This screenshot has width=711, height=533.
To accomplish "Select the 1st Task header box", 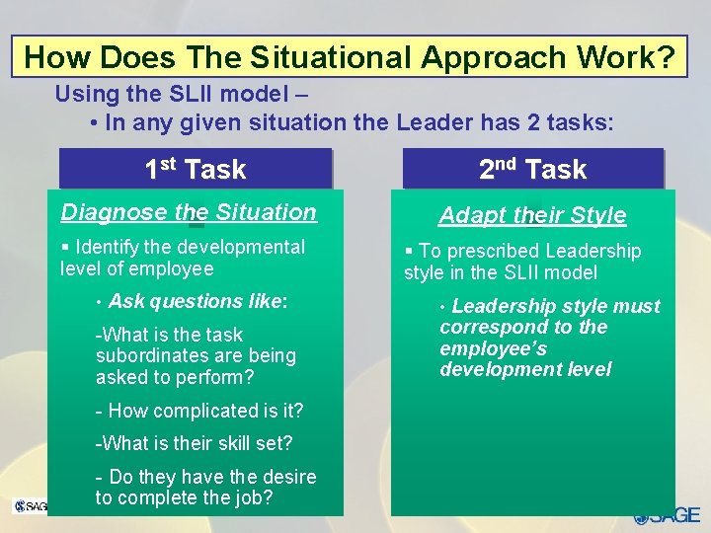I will (196, 169).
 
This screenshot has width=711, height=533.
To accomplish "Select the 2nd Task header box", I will (532, 169).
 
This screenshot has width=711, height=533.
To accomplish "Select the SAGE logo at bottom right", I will (668, 515).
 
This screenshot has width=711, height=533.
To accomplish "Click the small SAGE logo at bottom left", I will (30, 506).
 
